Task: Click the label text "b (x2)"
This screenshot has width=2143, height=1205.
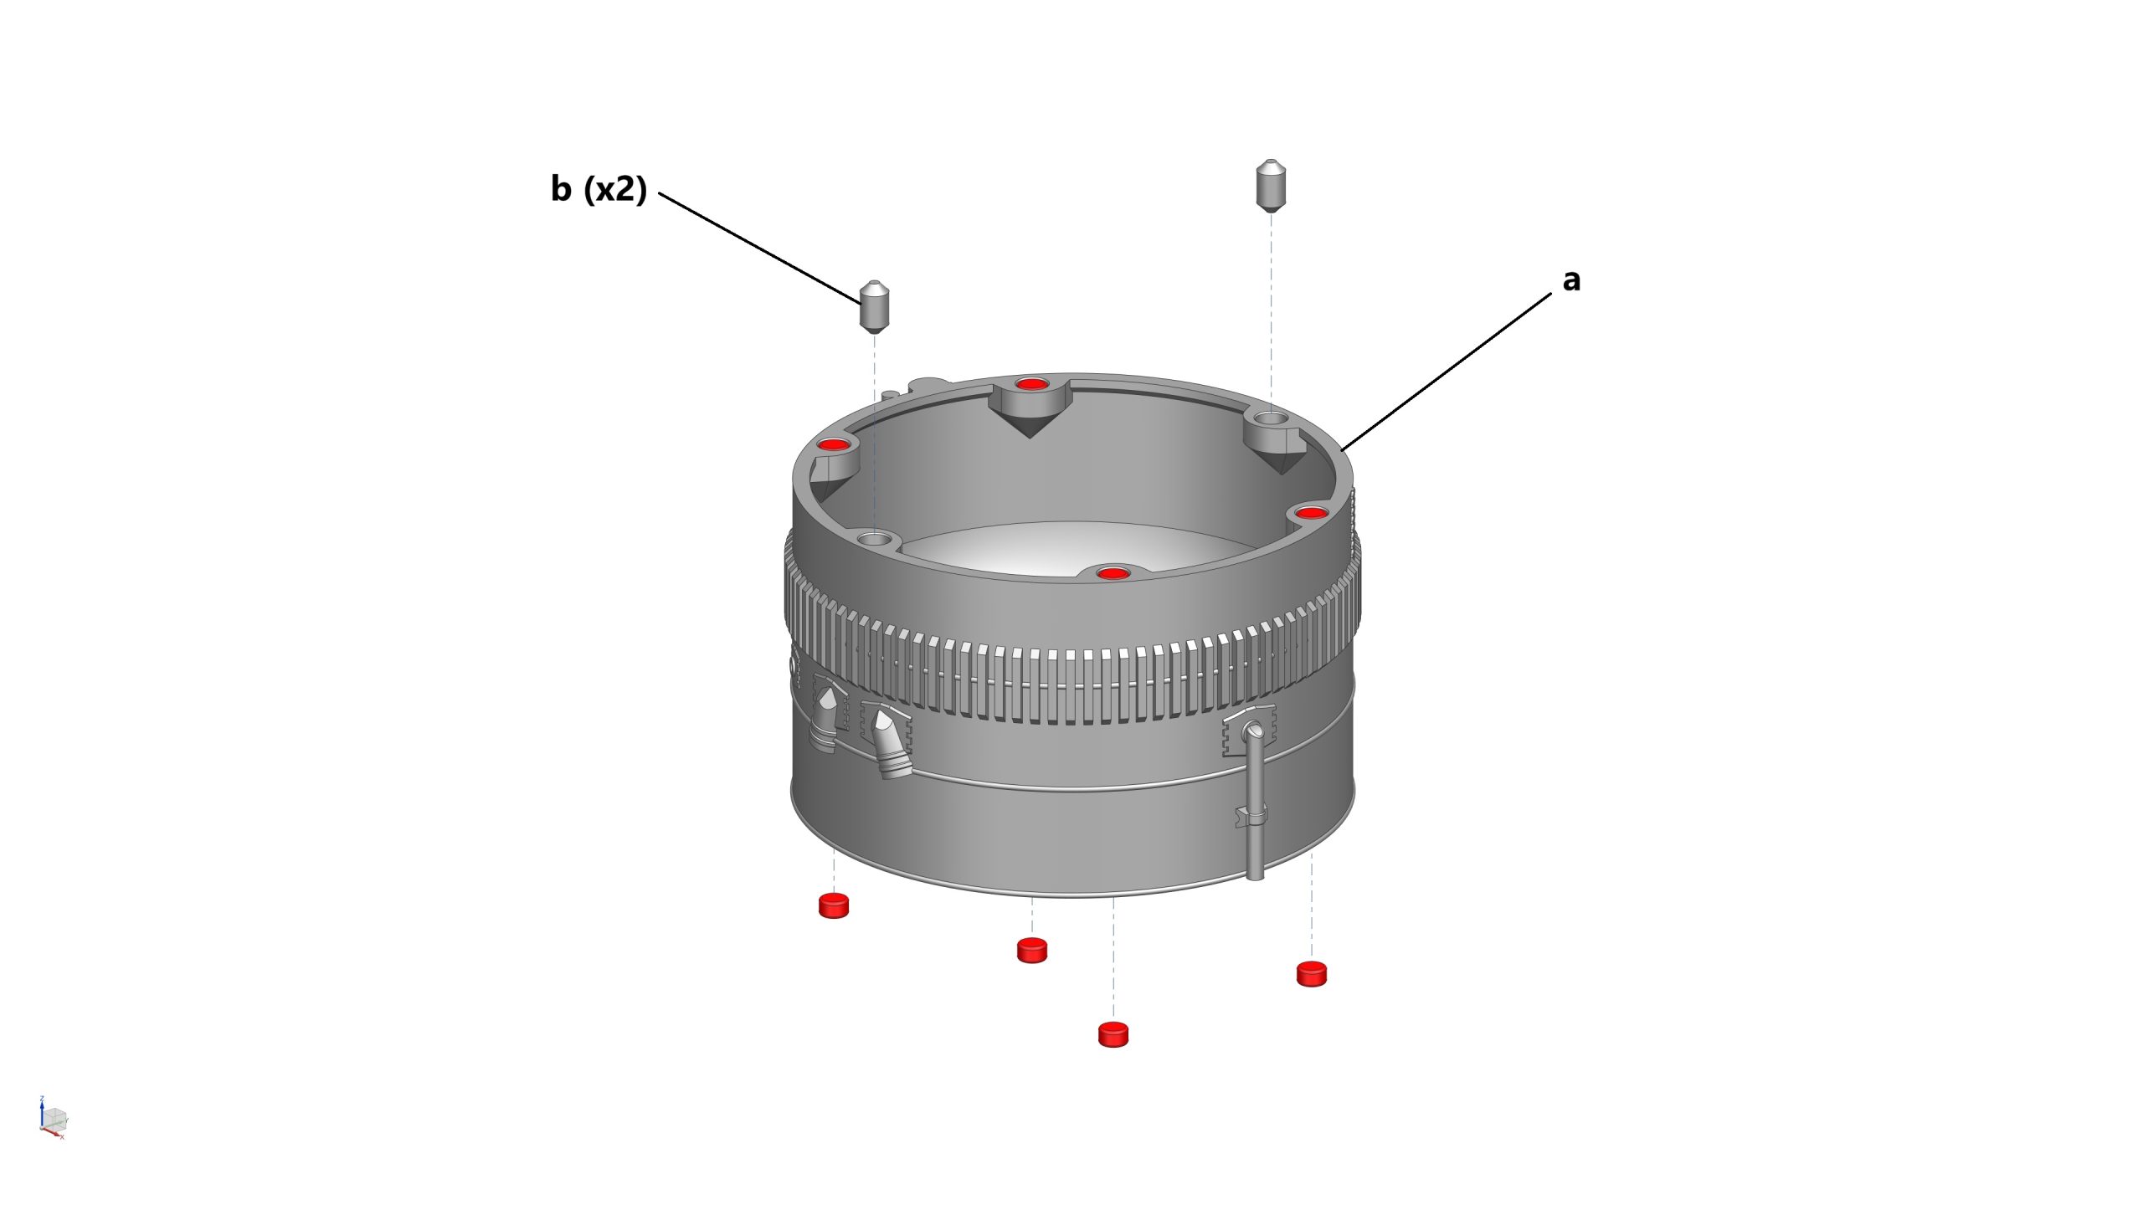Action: [599, 189]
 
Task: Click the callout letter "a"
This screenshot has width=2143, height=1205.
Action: [1571, 280]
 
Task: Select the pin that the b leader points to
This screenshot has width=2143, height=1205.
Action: [875, 307]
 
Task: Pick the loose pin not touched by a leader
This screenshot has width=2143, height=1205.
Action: [1271, 185]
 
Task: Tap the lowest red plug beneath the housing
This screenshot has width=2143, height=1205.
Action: [1113, 1034]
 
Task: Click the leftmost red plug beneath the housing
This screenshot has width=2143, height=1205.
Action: [833, 905]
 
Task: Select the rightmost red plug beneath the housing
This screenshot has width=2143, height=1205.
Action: [1311, 974]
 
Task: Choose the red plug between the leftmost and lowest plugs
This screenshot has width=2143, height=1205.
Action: [1031, 951]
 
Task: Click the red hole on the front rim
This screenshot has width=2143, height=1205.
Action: [1112, 573]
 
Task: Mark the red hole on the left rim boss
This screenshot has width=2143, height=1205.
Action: [834, 444]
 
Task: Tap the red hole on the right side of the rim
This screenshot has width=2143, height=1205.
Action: [1311, 512]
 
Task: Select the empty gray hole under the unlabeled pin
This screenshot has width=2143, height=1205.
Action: [1271, 417]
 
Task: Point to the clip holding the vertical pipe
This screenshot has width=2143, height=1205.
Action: [1251, 816]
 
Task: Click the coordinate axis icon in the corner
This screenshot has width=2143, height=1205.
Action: [53, 1117]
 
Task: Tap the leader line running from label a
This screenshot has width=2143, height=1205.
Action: [1446, 372]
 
